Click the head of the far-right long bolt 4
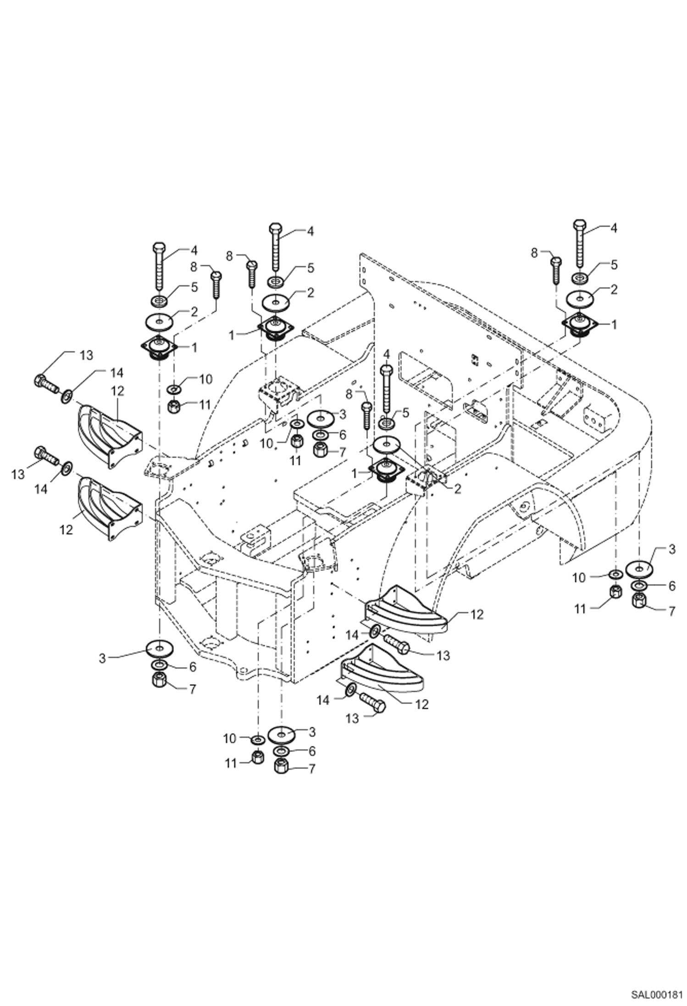pyautogui.click(x=580, y=225)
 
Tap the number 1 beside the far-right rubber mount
pyautogui.click(x=614, y=324)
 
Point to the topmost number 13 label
pyautogui.click(x=86, y=355)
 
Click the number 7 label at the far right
pyautogui.click(x=672, y=611)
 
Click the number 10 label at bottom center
pyautogui.click(x=229, y=739)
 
